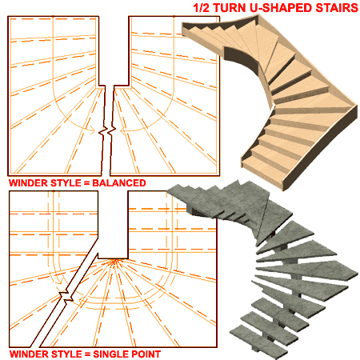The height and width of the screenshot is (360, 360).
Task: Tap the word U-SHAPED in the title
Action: click(281, 8)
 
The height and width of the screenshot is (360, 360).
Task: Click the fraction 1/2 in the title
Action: click(202, 8)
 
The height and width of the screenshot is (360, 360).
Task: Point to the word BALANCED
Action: click(119, 183)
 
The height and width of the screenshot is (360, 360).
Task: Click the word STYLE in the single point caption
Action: click(66, 354)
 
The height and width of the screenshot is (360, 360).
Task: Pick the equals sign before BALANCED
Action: click(86, 183)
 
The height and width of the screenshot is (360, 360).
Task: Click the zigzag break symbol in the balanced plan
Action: click(107, 130)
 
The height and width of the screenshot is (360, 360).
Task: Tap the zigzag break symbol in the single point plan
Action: click(66, 297)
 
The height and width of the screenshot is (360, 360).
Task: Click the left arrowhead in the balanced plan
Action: click(91, 130)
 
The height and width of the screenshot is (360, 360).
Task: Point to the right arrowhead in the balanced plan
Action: click(122, 130)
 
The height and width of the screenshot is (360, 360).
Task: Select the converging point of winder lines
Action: click(115, 260)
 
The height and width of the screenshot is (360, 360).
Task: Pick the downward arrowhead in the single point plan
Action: click(60, 282)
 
